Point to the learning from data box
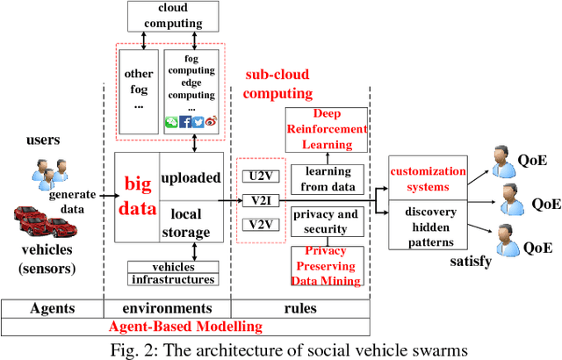point(327,175)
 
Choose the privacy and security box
point(327,221)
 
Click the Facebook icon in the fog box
point(185,122)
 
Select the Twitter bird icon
point(198,122)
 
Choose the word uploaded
point(191,177)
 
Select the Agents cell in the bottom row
point(52,308)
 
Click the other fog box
point(139,88)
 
